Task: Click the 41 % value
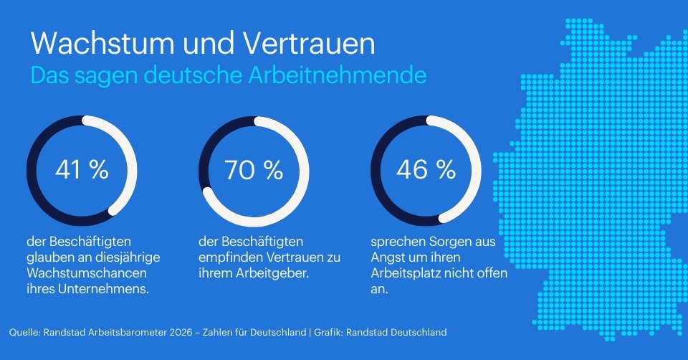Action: [x=82, y=170]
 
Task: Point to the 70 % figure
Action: [x=254, y=170]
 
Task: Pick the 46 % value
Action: [x=426, y=170]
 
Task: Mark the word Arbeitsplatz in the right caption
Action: [x=406, y=274]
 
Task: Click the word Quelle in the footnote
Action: [x=24, y=332]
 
